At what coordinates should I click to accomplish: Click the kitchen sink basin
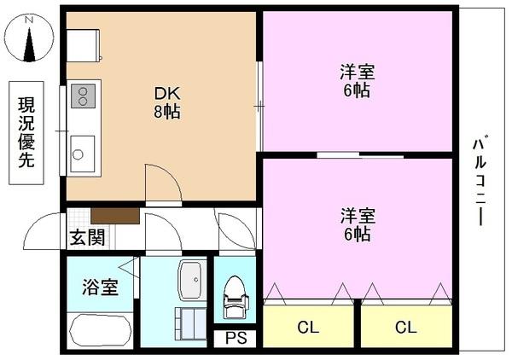82,154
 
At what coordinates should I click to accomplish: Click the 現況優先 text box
27,132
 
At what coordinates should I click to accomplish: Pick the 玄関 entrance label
88,239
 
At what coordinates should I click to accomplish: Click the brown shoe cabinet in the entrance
114,216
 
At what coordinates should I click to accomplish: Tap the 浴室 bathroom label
99,287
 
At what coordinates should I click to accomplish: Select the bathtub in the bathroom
100,332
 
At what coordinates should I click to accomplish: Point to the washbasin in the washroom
191,278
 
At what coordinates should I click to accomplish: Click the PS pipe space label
236,339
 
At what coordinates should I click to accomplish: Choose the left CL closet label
308,326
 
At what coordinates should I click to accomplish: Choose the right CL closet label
405,326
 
